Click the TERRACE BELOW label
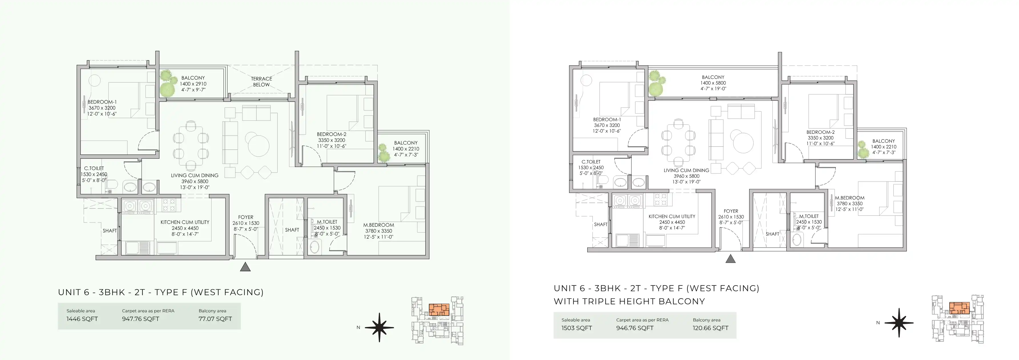(261, 82)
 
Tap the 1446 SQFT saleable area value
(82, 319)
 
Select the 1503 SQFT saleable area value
(577, 328)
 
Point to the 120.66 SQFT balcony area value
(711, 328)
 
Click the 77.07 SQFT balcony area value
(215, 319)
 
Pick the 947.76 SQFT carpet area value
(140, 319)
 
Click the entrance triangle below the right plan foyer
(730, 259)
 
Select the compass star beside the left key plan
(379, 327)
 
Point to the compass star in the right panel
(899, 323)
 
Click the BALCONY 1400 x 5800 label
(713, 83)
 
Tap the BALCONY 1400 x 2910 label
(193, 84)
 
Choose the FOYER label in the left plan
(246, 217)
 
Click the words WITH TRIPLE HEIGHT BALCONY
(629, 302)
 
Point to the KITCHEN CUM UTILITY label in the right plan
(672, 217)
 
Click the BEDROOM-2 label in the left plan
(332, 134)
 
